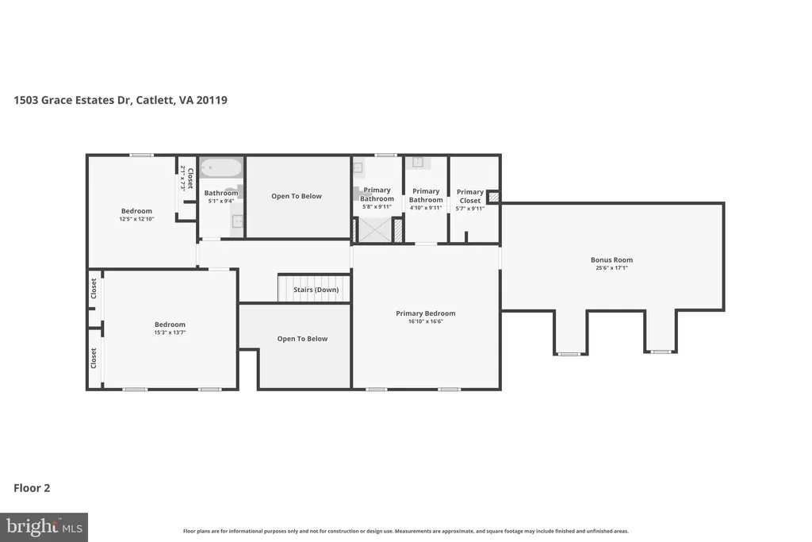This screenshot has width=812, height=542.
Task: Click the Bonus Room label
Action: pyautogui.click(x=611, y=260)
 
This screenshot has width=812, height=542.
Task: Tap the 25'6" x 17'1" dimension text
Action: pyautogui.click(x=611, y=268)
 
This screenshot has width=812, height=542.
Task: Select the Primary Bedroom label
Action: pyautogui.click(x=426, y=313)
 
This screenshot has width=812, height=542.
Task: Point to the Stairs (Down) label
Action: pyautogui.click(x=316, y=290)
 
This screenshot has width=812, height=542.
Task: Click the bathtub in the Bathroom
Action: pyautogui.click(x=221, y=168)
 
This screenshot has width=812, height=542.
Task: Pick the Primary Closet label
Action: pyautogui.click(x=470, y=196)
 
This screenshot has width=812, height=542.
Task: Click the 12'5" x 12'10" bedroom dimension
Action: pyautogui.click(x=136, y=219)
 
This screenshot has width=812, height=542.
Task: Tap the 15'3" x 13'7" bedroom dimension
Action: pyautogui.click(x=170, y=333)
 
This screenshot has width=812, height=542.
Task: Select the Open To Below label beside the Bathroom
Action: pyautogui.click(x=297, y=196)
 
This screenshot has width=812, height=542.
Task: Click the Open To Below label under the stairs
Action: pyautogui.click(x=302, y=339)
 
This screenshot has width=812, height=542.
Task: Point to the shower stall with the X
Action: pyautogui.click(x=375, y=230)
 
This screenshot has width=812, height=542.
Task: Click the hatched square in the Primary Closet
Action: pyautogui.click(x=494, y=197)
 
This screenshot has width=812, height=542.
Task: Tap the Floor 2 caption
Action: pyautogui.click(x=32, y=488)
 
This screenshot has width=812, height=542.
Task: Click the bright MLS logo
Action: pyautogui.click(x=44, y=528)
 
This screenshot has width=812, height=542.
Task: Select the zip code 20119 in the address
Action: pyautogui.click(x=211, y=100)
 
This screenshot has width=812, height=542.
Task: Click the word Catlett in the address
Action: pyautogui.click(x=155, y=100)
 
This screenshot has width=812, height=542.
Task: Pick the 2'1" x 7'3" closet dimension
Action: pyautogui.click(x=183, y=179)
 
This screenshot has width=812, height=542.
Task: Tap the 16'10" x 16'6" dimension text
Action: pyautogui.click(x=426, y=321)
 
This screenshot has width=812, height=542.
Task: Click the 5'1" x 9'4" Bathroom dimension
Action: pyautogui.click(x=221, y=201)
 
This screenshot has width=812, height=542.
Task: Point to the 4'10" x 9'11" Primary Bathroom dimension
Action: pyautogui.click(x=426, y=208)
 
